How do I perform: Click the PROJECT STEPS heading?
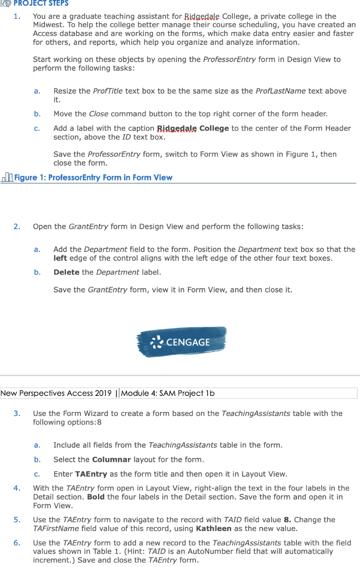tap(42, 3)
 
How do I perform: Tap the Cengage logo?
tap(181, 342)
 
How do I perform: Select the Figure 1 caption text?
tap(93, 178)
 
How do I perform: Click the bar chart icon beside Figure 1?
tap(7, 178)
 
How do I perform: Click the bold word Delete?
tap(67, 272)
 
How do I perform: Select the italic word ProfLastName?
tap(281, 91)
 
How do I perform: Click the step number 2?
tap(17, 226)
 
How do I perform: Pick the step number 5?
tap(17, 519)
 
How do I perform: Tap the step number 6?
tap(17, 543)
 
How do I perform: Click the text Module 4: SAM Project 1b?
tap(168, 393)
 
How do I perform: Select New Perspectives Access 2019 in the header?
tap(55, 393)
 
